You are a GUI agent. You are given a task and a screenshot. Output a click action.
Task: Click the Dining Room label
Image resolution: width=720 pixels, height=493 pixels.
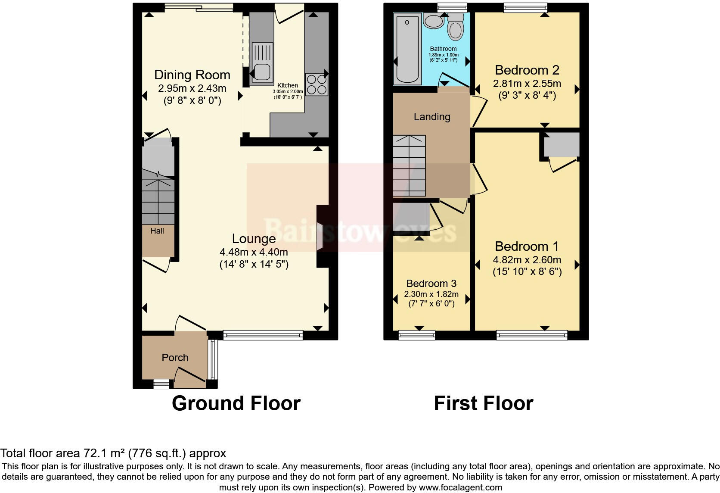(x=192, y=75)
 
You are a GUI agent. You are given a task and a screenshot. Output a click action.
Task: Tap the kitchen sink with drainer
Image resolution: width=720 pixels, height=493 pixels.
(x=262, y=63)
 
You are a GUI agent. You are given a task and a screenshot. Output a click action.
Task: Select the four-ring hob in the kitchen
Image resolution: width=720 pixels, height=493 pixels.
(x=317, y=84)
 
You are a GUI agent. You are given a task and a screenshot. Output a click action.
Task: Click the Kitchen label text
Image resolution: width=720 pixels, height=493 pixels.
(x=288, y=85)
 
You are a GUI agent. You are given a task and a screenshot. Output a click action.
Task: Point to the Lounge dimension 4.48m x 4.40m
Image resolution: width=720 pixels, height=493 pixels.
(x=254, y=252)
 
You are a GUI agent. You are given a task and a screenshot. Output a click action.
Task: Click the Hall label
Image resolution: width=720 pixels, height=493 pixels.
(x=157, y=231)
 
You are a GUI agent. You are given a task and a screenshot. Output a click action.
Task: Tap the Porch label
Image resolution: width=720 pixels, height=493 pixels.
(x=175, y=358)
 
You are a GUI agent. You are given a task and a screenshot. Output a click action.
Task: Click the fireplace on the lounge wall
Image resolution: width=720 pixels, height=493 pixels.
(x=320, y=236)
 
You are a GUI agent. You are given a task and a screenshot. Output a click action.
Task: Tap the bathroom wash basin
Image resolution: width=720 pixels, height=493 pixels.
(x=433, y=21)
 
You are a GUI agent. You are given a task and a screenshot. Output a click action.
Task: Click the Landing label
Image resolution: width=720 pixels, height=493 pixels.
(x=432, y=117)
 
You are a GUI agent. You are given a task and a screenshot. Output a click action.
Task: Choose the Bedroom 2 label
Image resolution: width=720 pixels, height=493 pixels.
(x=527, y=70)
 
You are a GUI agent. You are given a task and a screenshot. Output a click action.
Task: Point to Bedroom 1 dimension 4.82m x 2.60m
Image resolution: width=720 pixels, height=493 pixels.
(x=527, y=260)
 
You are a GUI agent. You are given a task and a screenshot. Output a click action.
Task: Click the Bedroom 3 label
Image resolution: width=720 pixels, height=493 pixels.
(x=431, y=284)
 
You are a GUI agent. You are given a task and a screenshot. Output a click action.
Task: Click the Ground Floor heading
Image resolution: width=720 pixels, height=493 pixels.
(x=236, y=404)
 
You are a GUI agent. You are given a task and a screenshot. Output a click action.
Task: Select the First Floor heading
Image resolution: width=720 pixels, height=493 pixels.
(x=483, y=404)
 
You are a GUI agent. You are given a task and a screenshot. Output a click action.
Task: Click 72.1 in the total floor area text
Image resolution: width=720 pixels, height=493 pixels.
(x=91, y=453)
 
